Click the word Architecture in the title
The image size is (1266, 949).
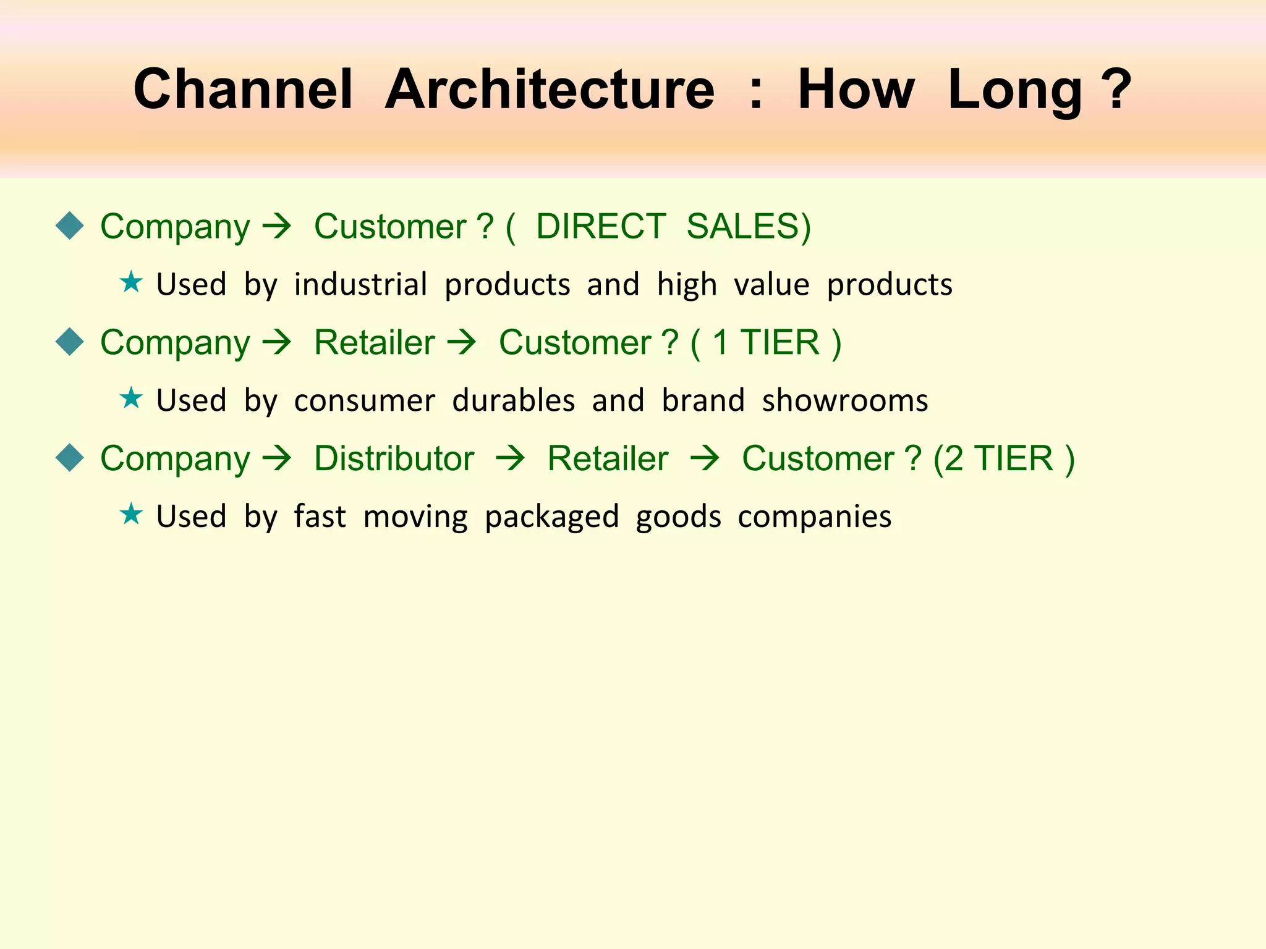pyautogui.click(x=550, y=90)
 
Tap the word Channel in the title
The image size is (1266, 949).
pyautogui.click(x=243, y=90)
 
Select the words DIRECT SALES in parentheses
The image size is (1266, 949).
pyautogui.click(x=673, y=226)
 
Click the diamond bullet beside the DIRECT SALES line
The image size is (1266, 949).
pyautogui.click(x=69, y=226)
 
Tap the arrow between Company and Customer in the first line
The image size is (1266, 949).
pyautogui.click(x=276, y=227)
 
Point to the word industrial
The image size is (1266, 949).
pyautogui.click(x=360, y=285)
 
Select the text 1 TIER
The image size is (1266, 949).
pyautogui.click(x=766, y=342)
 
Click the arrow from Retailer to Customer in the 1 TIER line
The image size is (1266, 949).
pyautogui.click(x=462, y=343)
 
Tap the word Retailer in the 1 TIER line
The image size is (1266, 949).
pyautogui.click(x=375, y=342)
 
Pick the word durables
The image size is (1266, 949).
pyautogui.click(x=513, y=400)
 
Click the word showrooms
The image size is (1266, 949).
pyautogui.click(x=844, y=400)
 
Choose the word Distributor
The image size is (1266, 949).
pyautogui.click(x=394, y=458)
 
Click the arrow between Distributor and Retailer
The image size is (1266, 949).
pyautogui.click(x=511, y=459)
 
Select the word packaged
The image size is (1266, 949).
pyautogui.click(x=551, y=517)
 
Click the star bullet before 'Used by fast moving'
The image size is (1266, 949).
pyautogui.click(x=131, y=514)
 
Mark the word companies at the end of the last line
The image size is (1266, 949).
pyautogui.click(x=814, y=517)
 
